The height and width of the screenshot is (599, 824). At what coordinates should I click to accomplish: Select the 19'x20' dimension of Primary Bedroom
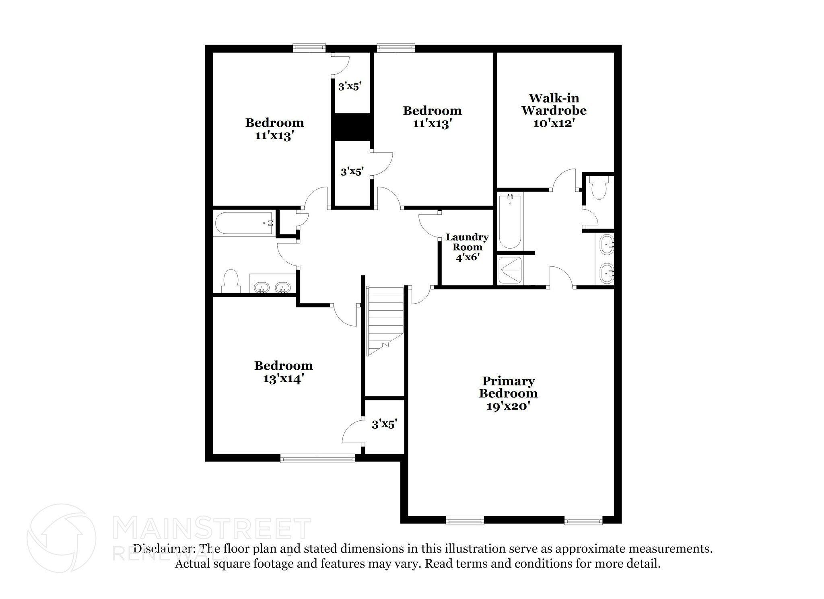[508, 406]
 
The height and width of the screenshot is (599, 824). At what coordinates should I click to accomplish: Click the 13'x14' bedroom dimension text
[283, 379]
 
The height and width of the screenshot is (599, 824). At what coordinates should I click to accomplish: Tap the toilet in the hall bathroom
[231, 281]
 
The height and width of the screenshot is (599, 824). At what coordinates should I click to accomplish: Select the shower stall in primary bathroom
[510, 270]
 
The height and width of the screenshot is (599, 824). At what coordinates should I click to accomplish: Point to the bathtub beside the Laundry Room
[510, 221]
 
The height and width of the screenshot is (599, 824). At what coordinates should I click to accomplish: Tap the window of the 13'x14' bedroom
[317, 458]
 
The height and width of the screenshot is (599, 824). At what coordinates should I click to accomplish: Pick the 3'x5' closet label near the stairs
[384, 424]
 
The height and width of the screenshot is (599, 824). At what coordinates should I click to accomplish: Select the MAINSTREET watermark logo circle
[62, 538]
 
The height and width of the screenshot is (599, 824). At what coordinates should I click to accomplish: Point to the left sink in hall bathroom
[262, 287]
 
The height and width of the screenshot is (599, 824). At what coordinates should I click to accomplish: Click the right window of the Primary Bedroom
[583, 521]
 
